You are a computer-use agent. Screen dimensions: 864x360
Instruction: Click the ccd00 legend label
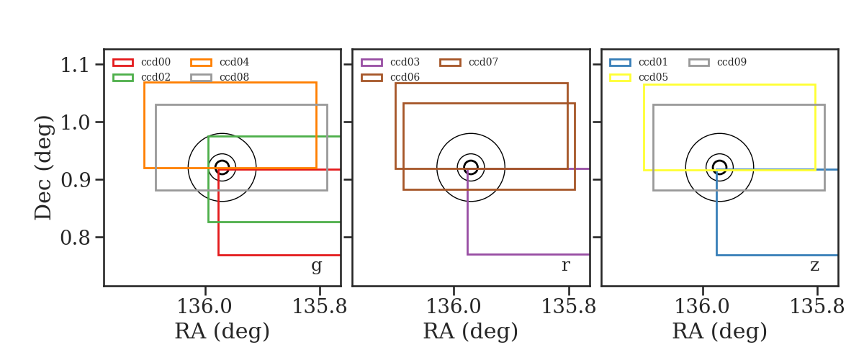click(156, 62)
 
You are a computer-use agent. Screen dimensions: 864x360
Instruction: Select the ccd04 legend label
click(234, 62)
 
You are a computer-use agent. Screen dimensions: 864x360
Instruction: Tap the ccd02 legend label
click(156, 77)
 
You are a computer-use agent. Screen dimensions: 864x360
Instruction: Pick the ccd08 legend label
click(234, 77)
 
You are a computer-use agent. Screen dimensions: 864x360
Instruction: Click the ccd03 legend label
click(405, 62)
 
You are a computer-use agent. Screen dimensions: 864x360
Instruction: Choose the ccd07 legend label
click(483, 62)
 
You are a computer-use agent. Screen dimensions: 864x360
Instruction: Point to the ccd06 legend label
click(405, 77)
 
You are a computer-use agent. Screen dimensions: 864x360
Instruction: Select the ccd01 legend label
click(653, 62)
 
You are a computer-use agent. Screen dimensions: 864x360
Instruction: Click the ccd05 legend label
click(653, 77)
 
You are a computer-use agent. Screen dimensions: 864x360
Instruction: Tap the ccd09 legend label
click(732, 62)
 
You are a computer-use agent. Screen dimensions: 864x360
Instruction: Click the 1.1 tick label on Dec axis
click(75, 65)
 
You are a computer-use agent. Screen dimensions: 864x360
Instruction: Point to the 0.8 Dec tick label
click(75, 238)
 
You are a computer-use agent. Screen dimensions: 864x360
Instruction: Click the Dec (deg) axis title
click(42, 168)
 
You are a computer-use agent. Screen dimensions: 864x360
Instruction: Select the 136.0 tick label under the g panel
click(204, 307)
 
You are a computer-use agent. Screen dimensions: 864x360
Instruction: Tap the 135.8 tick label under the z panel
click(817, 307)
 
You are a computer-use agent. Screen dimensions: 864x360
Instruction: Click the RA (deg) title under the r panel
click(471, 331)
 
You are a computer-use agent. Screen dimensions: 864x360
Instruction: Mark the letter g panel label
click(316, 266)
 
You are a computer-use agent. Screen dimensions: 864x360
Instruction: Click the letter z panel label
click(814, 266)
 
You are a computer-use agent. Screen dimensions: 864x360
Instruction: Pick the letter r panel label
click(565, 266)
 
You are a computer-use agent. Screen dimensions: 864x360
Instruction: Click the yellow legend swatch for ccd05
click(620, 78)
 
